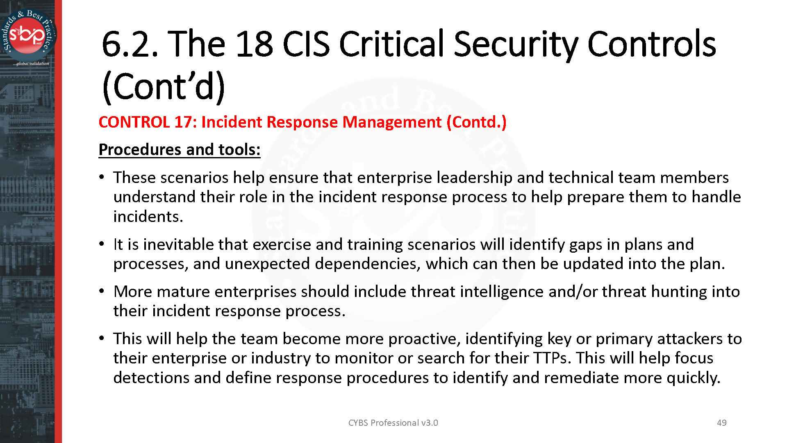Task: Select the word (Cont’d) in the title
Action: click(x=163, y=87)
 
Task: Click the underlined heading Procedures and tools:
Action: click(x=180, y=150)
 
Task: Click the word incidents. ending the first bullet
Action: click(x=148, y=216)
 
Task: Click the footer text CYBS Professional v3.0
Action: click(x=393, y=423)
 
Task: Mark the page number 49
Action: click(x=722, y=423)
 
